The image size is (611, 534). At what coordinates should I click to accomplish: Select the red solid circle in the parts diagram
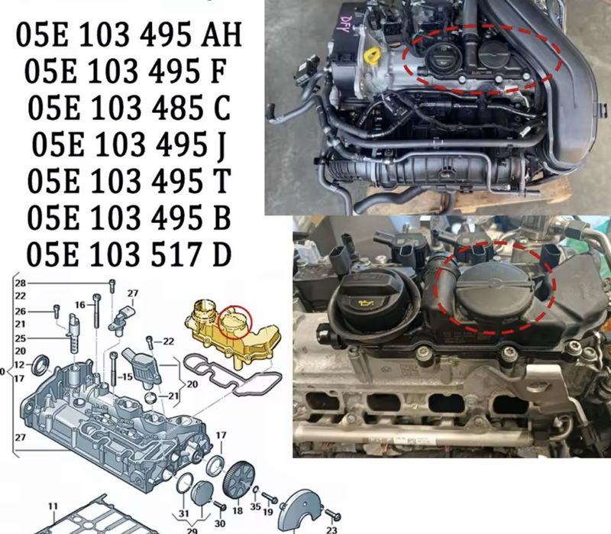pyautogui.click(x=234, y=322)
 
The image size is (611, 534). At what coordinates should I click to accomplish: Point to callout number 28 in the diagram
pyautogui.click(x=20, y=283)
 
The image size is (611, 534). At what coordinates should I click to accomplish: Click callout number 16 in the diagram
pyautogui.click(x=79, y=304)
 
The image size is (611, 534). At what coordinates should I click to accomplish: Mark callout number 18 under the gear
pyautogui.click(x=236, y=511)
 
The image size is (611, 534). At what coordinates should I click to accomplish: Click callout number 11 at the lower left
pyautogui.click(x=53, y=506)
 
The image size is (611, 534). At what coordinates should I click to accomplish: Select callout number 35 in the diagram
pyautogui.click(x=255, y=505)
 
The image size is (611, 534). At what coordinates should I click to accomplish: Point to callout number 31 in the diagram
pyautogui.click(x=183, y=512)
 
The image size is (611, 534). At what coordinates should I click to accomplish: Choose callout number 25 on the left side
pyautogui.click(x=20, y=338)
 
